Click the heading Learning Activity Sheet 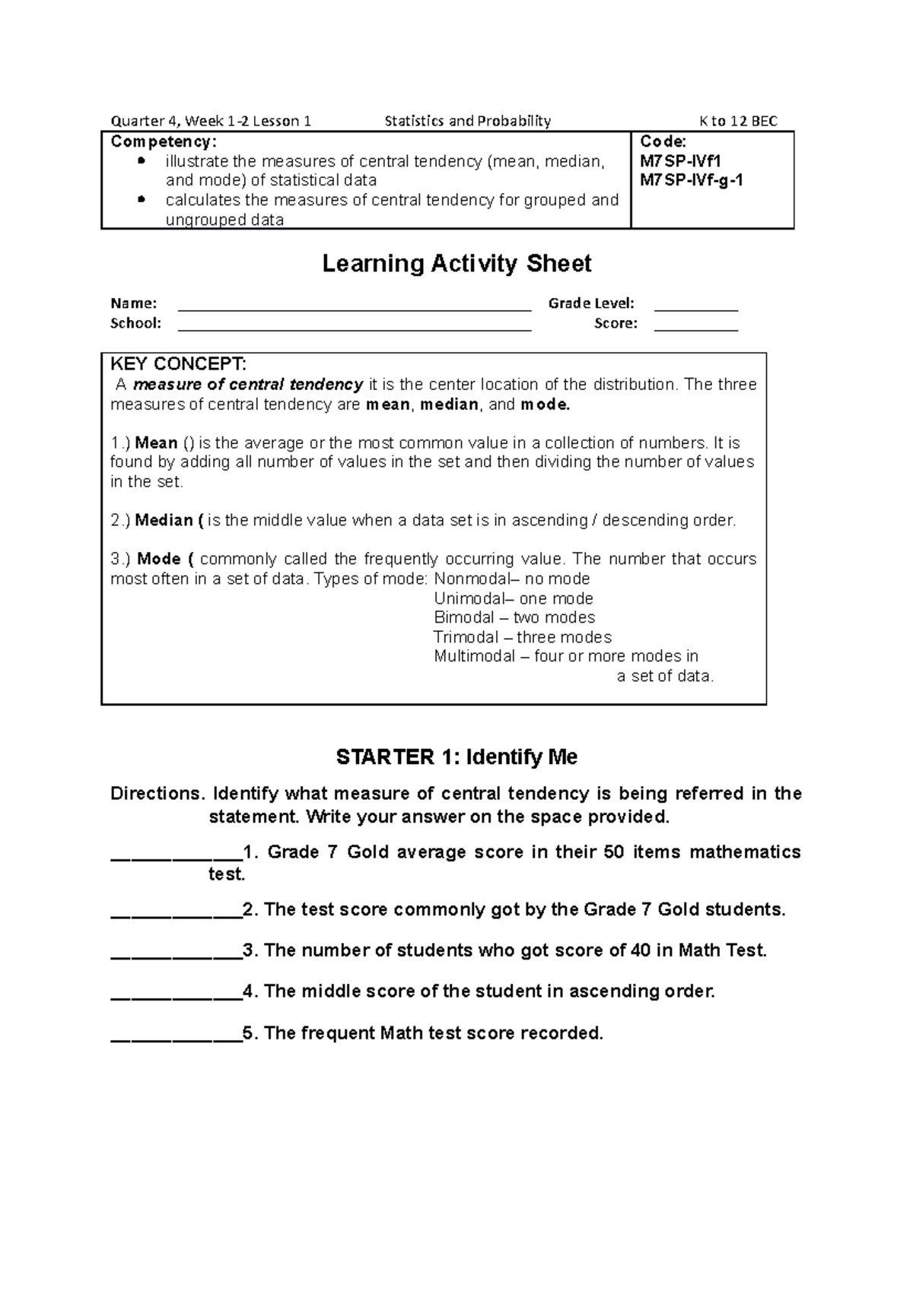[x=456, y=264]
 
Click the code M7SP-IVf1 [x=680, y=160]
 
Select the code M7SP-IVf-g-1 [x=692, y=180]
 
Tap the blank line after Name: [x=354, y=306]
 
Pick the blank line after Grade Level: [x=695, y=306]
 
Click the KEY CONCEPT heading [x=178, y=364]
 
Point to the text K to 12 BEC [x=738, y=121]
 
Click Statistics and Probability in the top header [x=467, y=121]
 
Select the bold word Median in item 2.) [x=164, y=521]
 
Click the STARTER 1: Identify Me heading [x=456, y=757]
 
